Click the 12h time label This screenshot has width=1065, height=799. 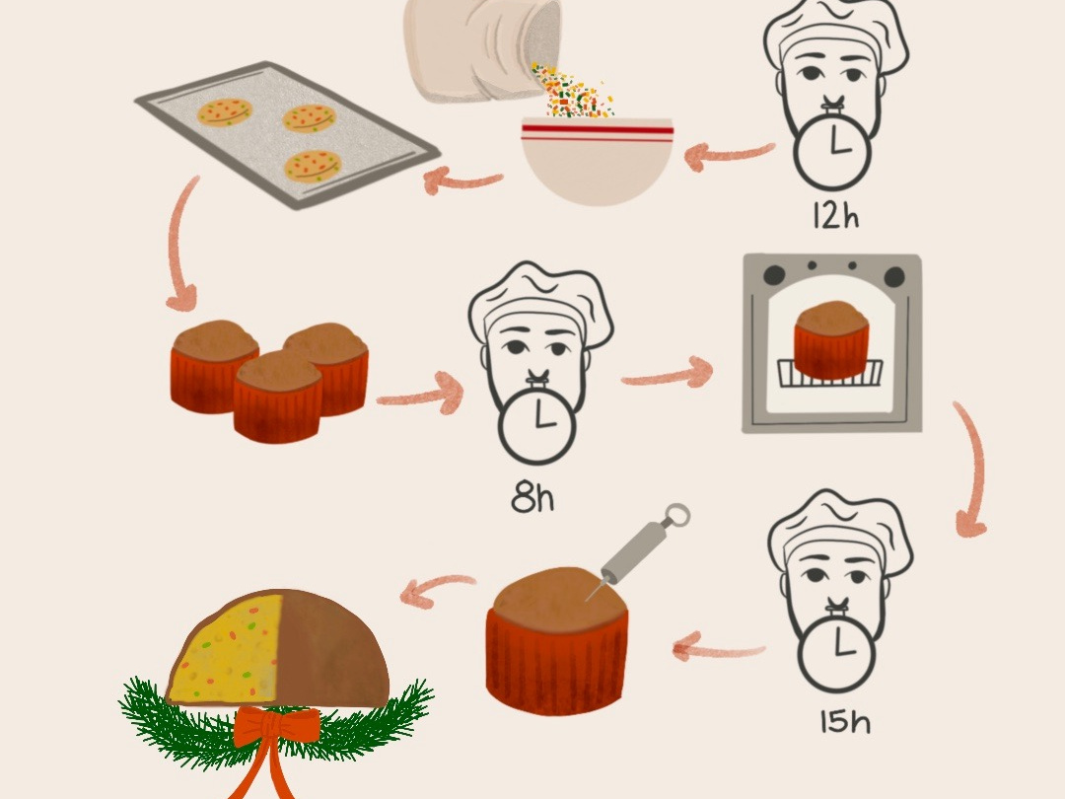coord(835,216)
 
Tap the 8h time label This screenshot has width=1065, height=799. coord(532,498)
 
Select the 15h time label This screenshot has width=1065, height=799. coord(845,722)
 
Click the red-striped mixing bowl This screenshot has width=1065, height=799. coord(597,158)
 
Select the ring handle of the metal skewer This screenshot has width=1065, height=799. coord(674,516)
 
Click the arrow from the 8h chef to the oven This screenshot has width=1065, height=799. coord(667,375)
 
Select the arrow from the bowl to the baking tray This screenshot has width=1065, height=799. coord(462,180)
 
